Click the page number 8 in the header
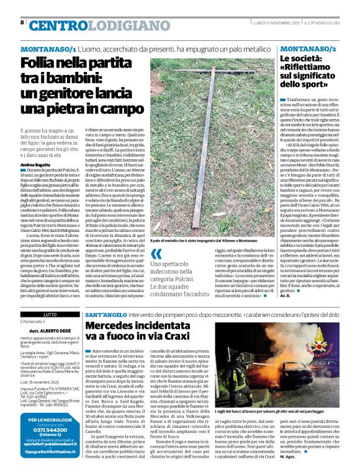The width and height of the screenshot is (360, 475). pos(22,22)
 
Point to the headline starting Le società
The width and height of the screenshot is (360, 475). pos(307,71)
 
